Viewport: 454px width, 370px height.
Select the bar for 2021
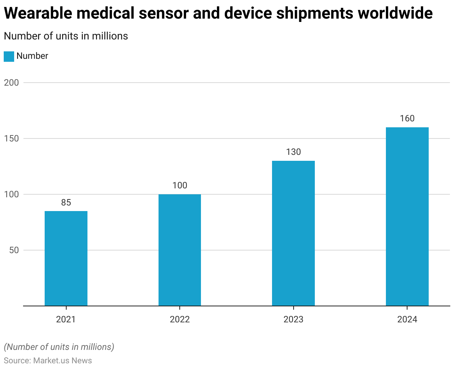point(66,258)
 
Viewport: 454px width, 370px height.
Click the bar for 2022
point(180,250)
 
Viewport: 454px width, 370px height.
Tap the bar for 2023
point(293,233)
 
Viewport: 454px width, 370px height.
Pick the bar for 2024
point(407,216)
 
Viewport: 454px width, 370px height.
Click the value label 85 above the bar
point(66,202)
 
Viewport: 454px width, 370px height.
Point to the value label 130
point(293,152)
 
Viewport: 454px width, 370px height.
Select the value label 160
point(407,118)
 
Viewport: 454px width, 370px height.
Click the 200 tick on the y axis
point(11,83)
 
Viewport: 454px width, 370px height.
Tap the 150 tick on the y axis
point(11,138)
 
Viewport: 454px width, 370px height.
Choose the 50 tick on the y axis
point(14,250)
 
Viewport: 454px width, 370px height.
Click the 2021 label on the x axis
point(66,319)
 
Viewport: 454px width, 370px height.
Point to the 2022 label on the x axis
point(180,319)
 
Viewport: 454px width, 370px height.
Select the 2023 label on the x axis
point(293,319)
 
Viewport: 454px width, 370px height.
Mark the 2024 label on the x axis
point(407,319)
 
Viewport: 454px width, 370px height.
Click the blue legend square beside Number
point(9,56)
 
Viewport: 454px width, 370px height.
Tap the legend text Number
point(32,56)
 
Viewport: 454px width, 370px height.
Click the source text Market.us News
point(63,360)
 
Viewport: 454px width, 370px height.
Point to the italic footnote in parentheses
point(59,347)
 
